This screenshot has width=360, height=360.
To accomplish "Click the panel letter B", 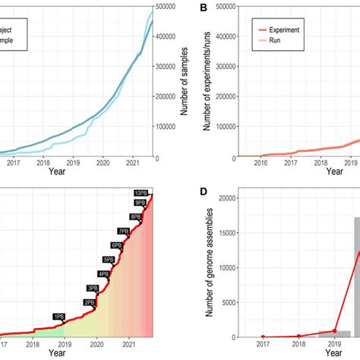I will click(x=204, y=8).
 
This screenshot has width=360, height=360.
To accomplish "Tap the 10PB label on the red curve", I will click(x=140, y=194).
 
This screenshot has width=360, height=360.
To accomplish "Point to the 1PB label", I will click(x=58, y=316).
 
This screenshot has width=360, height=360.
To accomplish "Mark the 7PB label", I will click(x=122, y=231).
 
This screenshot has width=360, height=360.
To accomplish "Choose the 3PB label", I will click(x=92, y=288).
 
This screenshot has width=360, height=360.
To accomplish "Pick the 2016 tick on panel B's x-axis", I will click(x=262, y=163).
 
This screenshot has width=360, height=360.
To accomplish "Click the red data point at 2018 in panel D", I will click(x=299, y=336).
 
